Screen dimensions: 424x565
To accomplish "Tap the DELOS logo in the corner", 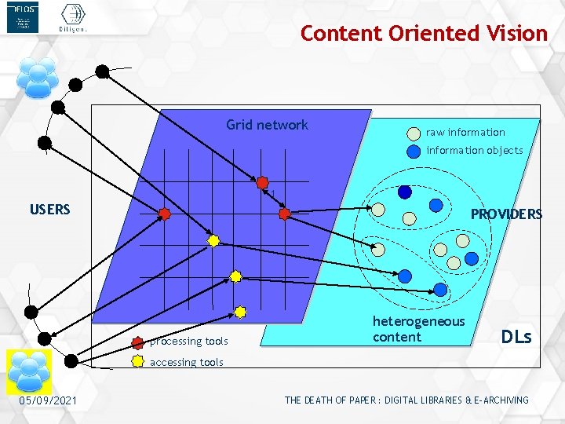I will (x=23, y=18).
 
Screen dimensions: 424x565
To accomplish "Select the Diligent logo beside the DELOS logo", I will (x=72, y=18).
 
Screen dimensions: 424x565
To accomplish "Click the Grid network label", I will (x=267, y=125).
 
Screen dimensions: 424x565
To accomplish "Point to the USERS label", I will (x=50, y=210).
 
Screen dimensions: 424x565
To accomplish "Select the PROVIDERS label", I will (x=506, y=214).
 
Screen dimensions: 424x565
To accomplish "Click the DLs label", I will (x=516, y=337).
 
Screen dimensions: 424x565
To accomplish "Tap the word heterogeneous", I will (x=418, y=321).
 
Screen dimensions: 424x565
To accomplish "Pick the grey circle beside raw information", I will (x=414, y=133).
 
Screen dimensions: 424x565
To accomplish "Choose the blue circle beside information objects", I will (x=414, y=152).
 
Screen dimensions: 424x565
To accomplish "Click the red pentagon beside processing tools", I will (x=138, y=342).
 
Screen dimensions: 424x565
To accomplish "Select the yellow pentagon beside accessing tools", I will (x=138, y=362).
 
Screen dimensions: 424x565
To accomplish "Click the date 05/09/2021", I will (x=48, y=401).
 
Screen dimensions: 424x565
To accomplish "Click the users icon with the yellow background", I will (x=29, y=372).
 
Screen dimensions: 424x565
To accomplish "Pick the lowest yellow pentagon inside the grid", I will (x=240, y=312).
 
